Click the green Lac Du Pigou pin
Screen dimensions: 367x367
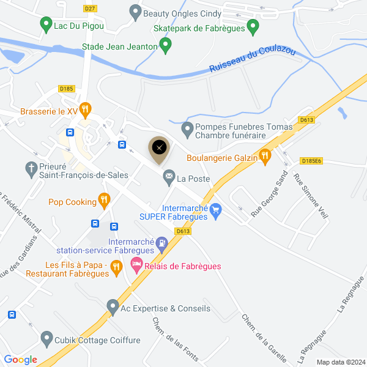[x=45, y=25]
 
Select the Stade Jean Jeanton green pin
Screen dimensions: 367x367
[x=165, y=45]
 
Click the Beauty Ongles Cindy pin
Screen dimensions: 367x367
[x=135, y=12]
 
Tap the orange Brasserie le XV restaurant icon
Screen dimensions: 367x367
[x=86, y=111]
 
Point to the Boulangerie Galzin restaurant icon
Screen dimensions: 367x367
[x=264, y=157]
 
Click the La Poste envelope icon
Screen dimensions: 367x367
[x=168, y=179]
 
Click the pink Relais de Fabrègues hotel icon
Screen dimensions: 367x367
[x=135, y=266]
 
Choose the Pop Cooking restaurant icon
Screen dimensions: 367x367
[x=104, y=200]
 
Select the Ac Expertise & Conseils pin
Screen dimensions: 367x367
[x=112, y=305]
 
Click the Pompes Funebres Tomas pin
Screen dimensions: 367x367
[x=187, y=130]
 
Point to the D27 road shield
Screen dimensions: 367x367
[x=90, y=8]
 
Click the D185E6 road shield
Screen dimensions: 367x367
[x=312, y=161]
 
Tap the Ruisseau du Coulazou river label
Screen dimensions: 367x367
[x=253, y=60]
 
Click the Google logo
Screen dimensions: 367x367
[x=20, y=360]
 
